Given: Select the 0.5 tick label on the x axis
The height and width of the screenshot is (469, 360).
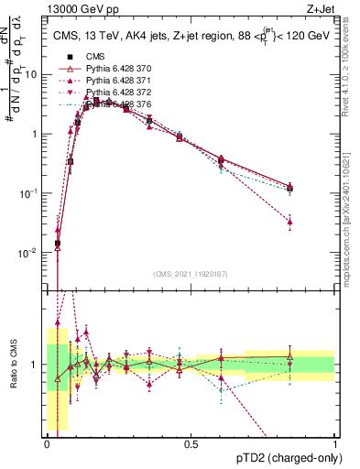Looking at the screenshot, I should (191, 444).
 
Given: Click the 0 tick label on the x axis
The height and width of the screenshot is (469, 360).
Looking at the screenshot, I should (48, 444).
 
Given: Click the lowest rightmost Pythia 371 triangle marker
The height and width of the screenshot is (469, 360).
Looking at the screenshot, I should (289, 222).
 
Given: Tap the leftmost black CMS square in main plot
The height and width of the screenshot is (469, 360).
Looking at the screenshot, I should (58, 244).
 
